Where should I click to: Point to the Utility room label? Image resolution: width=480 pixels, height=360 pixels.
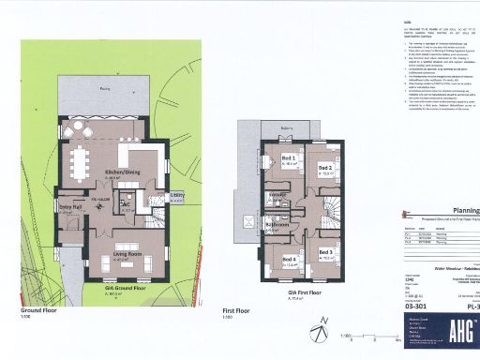175,197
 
